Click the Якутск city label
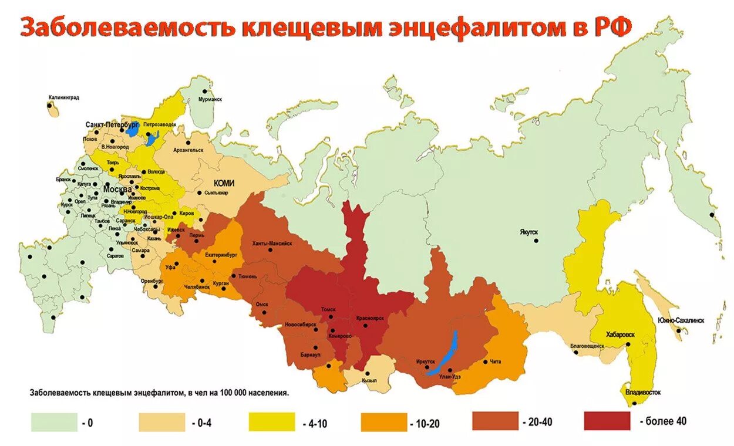528,232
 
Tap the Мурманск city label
210,100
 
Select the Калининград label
64,97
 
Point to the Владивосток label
643,391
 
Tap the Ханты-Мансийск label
272,243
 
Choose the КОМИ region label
224,183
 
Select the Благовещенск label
587,346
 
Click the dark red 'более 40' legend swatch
607,421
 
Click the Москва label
117,190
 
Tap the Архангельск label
188,150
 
